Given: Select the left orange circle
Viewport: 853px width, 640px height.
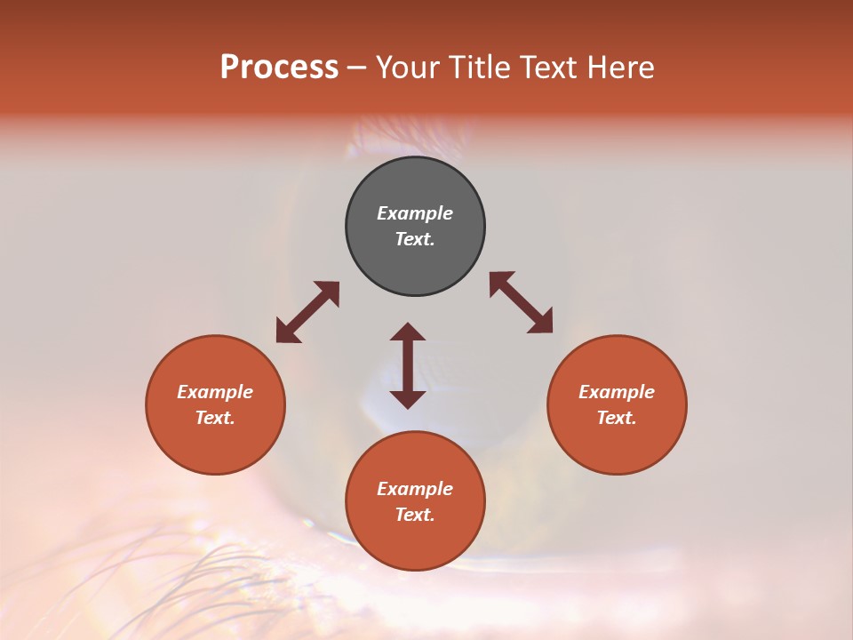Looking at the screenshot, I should tap(215, 404).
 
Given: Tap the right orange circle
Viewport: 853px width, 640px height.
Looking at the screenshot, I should tap(617, 404).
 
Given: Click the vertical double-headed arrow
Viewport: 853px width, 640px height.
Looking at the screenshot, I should tap(408, 365).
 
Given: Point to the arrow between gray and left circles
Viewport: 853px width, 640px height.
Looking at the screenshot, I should tap(307, 312).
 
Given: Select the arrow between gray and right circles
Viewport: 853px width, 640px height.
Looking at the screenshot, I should tap(522, 303).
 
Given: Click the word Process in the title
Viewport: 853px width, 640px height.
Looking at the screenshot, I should tap(279, 67).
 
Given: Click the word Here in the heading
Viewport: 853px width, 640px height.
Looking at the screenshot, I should tap(620, 67).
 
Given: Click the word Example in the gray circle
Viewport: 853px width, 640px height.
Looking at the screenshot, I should tap(415, 213).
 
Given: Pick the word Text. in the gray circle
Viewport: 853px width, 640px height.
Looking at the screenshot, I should tap(415, 239).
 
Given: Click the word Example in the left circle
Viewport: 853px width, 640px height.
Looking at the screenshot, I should tap(215, 392).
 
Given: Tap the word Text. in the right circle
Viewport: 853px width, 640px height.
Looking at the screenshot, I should tap(617, 418).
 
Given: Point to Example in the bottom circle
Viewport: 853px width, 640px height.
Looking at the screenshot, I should tap(415, 489).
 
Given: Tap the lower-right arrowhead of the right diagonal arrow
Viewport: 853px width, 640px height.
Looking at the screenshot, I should tap(541, 323).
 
